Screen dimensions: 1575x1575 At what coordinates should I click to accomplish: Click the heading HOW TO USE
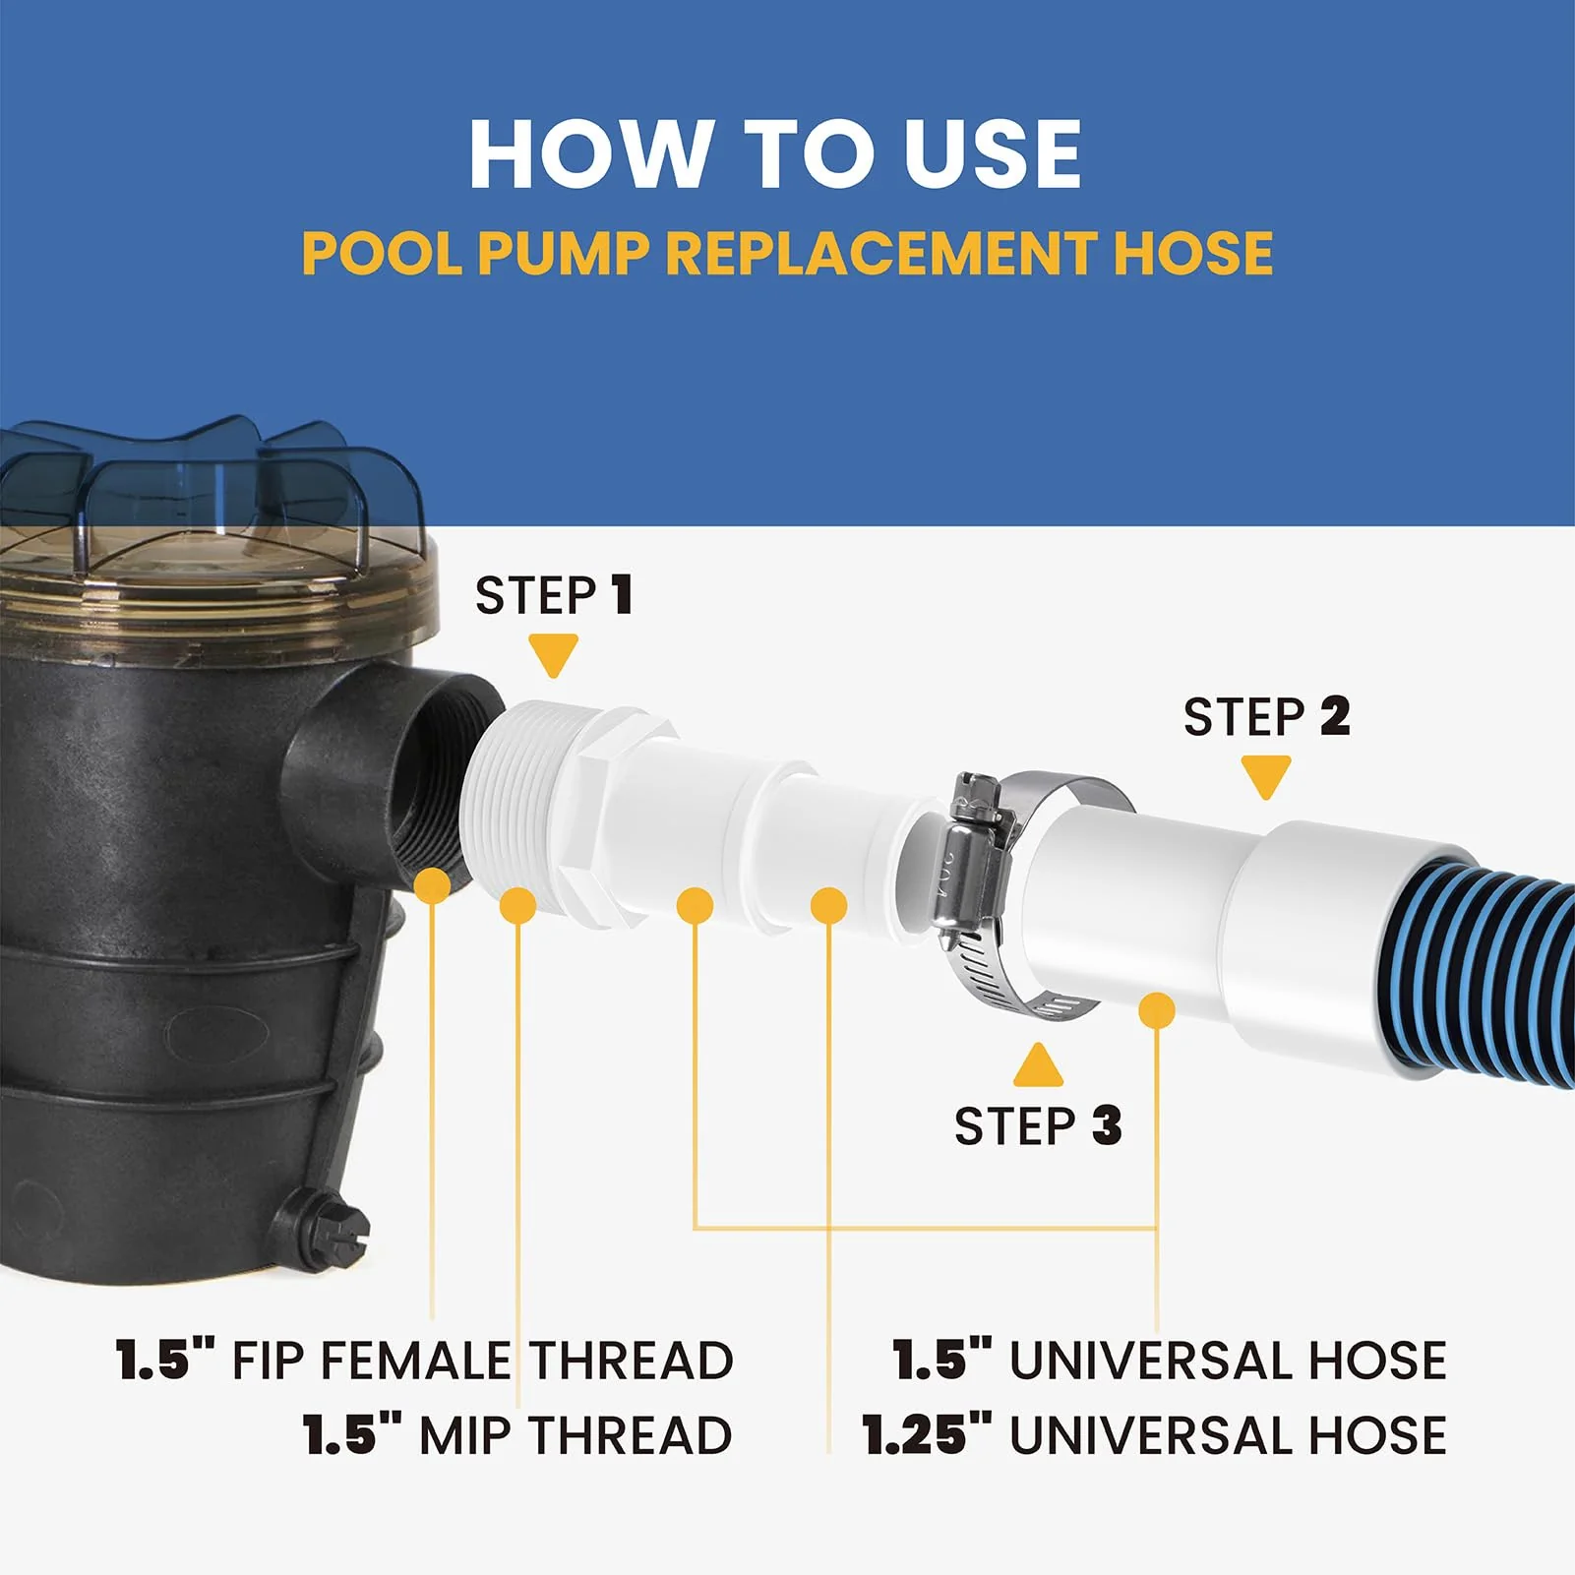point(775,153)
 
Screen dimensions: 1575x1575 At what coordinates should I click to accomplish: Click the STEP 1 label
point(553,595)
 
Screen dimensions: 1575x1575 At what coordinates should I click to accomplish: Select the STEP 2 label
point(1266,716)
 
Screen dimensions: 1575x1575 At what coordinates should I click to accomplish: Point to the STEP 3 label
point(1038,1125)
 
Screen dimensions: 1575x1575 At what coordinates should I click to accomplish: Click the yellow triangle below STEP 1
point(553,655)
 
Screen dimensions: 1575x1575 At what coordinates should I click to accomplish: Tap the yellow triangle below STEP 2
point(1266,777)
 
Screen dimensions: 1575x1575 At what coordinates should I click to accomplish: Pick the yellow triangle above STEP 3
point(1038,1065)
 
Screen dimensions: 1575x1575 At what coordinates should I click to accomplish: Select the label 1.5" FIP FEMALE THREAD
point(425,1361)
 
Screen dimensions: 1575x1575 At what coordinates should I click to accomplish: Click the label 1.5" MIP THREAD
point(517,1435)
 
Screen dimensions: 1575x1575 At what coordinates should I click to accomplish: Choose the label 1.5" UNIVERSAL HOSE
point(1170,1361)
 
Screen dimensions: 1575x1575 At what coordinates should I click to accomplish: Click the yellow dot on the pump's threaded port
point(432,884)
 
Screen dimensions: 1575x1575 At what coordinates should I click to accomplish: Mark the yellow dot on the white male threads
point(518,905)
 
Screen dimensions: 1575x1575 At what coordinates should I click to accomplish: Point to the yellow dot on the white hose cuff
point(1157,1010)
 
